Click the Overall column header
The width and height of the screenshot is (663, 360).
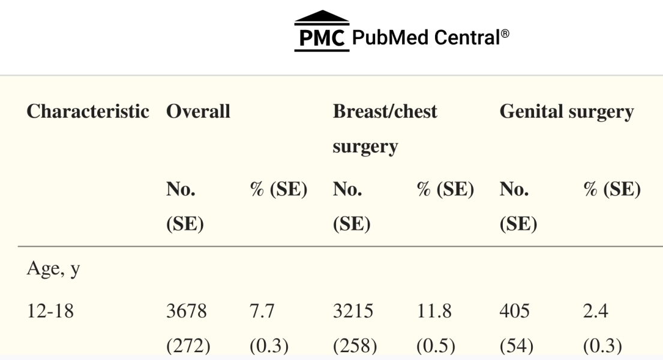(199, 112)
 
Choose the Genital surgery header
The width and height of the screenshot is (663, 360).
(566, 112)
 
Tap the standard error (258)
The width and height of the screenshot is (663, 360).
(350, 347)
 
